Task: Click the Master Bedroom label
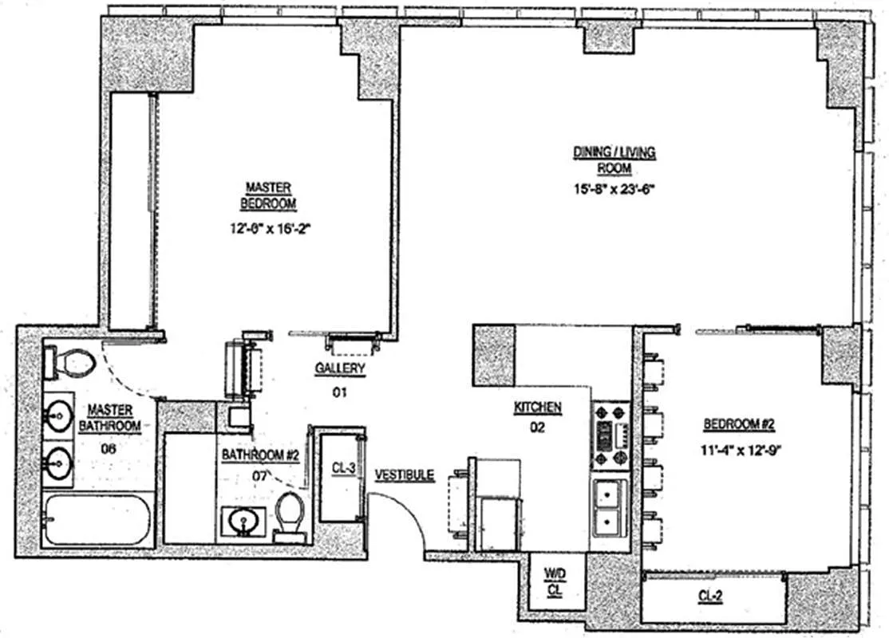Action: pyautogui.click(x=271, y=195)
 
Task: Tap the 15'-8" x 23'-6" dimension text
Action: pyautogui.click(x=614, y=189)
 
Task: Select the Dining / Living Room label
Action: pyautogui.click(x=614, y=160)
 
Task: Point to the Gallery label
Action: pyautogui.click(x=340, y=368)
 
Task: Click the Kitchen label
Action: pyautogui.click(x=537, y=408)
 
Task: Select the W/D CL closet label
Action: pyautogui.click(x=554, y=581)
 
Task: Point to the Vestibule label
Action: pyautogui.click(x=405, y=475)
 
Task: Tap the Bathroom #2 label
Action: pyautogui.click(x=260, y=455)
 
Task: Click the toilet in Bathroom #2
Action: pyautogui.click(x=290, y=514)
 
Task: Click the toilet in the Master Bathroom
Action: pyautogui.click(x=73, y=364)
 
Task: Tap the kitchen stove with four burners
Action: pyautogui.click(x=610, y=435)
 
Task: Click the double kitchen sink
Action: pyautogui.click(x=610, y=509)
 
